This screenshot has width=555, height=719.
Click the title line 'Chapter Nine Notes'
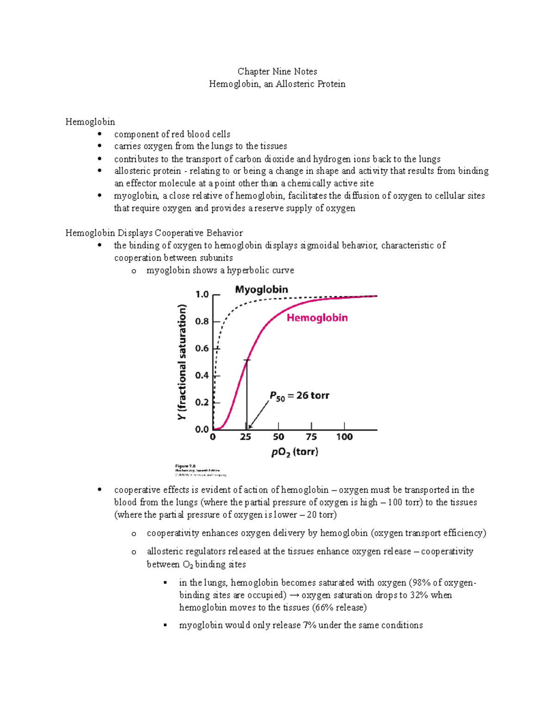pos(277,71)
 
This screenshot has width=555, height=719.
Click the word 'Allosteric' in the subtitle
pos(296,84)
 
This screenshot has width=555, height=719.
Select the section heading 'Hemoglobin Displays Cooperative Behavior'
pos(154,233)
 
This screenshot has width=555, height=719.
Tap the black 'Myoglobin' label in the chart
pos(261,290)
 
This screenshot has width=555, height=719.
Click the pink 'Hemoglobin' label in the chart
pos(317,318)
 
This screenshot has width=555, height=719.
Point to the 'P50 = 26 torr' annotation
pos(299,396)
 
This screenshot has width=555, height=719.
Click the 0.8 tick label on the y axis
pos(202,321)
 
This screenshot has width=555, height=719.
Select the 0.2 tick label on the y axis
pos(202,402)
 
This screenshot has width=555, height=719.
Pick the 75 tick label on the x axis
pos(311,437)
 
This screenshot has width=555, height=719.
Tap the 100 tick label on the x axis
pos(344,437)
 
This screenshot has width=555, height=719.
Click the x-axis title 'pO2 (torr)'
pos(295,452)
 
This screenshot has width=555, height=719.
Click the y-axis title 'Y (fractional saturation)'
pos(183,362)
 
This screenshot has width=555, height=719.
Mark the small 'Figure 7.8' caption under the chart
pos(185,466)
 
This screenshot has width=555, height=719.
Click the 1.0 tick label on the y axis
pos(202,294)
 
